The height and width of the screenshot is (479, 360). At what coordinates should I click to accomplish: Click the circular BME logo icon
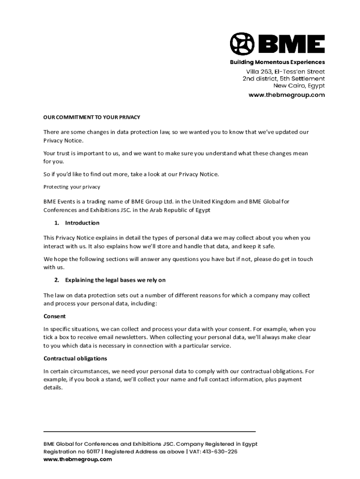[242, 44]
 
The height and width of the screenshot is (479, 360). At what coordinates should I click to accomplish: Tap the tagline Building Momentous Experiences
[277, 62]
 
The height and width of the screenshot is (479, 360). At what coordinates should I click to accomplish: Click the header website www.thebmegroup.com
[287, 95]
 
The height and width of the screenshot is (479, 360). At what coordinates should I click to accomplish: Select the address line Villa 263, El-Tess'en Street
[285, 72]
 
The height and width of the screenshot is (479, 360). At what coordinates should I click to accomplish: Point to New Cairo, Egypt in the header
[299, 86]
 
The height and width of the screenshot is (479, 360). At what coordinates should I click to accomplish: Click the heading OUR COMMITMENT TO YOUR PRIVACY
[92, 117]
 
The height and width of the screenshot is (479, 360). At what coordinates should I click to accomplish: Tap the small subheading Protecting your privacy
[72, 187]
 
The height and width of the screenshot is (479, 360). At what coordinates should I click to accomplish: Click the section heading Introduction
[82, 223]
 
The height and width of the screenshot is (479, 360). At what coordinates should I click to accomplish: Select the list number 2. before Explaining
[57, 280]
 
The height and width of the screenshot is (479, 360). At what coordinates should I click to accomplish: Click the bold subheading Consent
[55, 316]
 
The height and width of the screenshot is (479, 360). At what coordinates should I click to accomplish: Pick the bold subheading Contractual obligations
[75, 358]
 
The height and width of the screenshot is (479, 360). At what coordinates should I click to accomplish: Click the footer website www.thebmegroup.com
[78, 459]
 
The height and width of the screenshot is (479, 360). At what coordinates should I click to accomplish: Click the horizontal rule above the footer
[150, 431]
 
